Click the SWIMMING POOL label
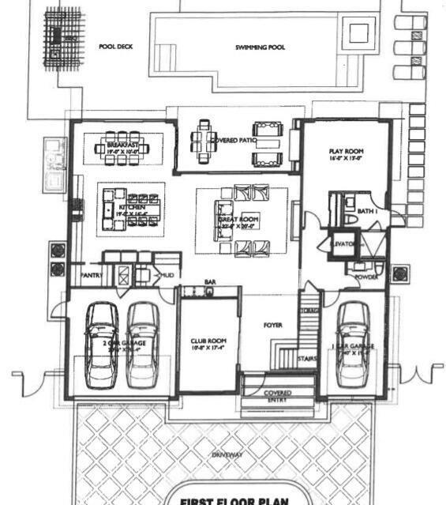(x=260, y=47)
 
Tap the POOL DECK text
(x=115, y=47)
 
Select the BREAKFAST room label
(x=122, y=145)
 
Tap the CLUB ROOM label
(x=208, y=341)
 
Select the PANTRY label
(x=92, y=276)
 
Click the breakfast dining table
(x=122, y=146)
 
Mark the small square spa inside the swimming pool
(x=358, y=33)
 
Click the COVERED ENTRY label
(x=277, y=397)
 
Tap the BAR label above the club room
(x=211, y=281)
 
